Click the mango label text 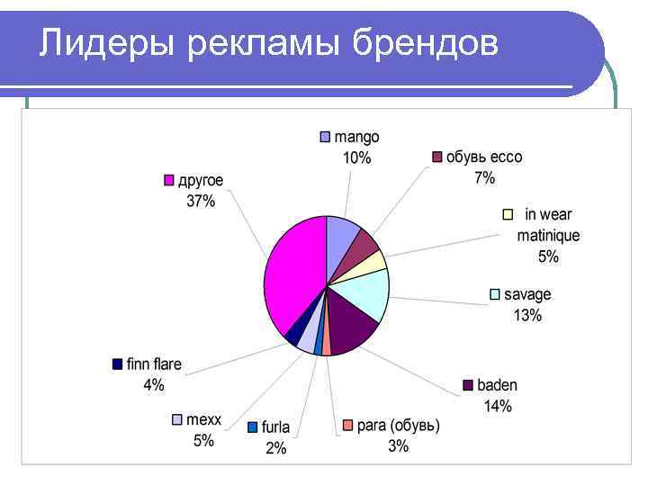(356, 137)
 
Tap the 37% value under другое (201, 202)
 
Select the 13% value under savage (527, 316)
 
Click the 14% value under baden (498, 406)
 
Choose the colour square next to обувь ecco (436, 157)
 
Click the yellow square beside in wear (508, 214)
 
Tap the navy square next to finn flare (117, 364)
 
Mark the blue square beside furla (253, 427)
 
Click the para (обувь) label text (398, 426)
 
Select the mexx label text (203, 419)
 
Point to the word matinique (548, 236)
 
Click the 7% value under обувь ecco (484, 178)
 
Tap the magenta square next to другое (168, 181)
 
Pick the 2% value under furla (275, 447)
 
